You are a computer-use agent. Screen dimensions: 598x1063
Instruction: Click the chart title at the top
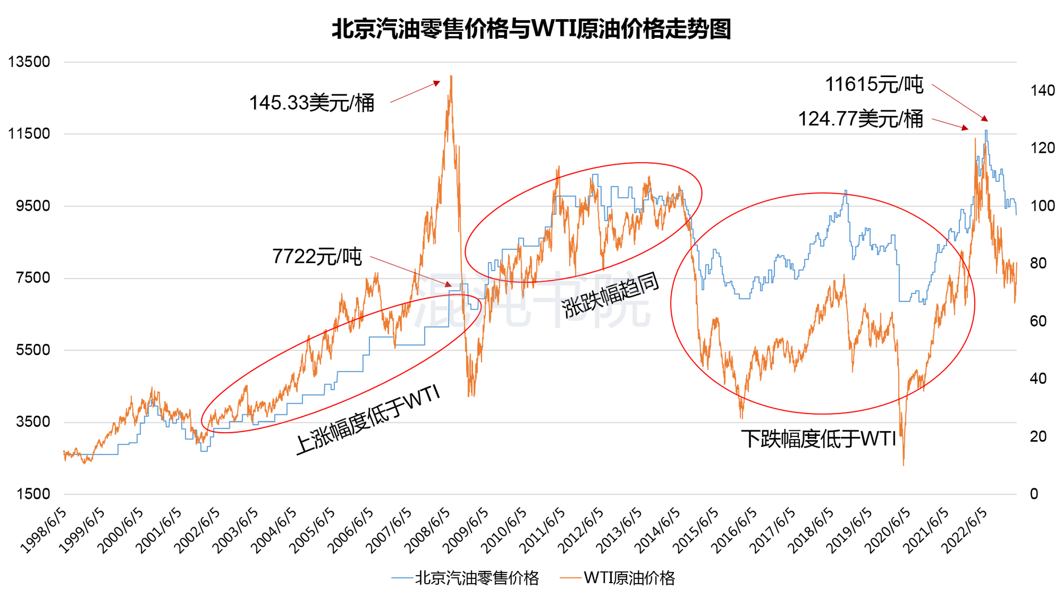(531, 29)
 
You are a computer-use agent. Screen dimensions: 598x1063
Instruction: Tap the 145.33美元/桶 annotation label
(312, 103)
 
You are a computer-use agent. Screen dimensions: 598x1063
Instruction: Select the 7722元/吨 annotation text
(317, 256)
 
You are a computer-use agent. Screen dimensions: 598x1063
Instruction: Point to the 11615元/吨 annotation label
(874, 85)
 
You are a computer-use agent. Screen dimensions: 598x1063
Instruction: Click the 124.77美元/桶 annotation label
(860, 119)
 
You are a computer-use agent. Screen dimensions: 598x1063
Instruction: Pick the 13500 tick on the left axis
(29, 62)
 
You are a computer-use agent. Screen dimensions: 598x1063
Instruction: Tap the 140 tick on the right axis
(1042, 90)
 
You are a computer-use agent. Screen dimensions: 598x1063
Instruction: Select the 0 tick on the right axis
(1034, 494)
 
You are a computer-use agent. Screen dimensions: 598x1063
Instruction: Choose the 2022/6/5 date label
(965, 531)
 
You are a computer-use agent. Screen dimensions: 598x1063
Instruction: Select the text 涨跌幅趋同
(610, 295)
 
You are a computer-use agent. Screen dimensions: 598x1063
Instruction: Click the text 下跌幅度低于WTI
(818, 439)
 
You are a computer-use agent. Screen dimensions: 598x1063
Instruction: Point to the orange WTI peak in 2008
(451, 76)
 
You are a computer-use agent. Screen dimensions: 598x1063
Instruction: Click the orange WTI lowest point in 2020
(904, 464)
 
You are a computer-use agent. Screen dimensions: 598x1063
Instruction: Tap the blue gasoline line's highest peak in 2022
(986, 131)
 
